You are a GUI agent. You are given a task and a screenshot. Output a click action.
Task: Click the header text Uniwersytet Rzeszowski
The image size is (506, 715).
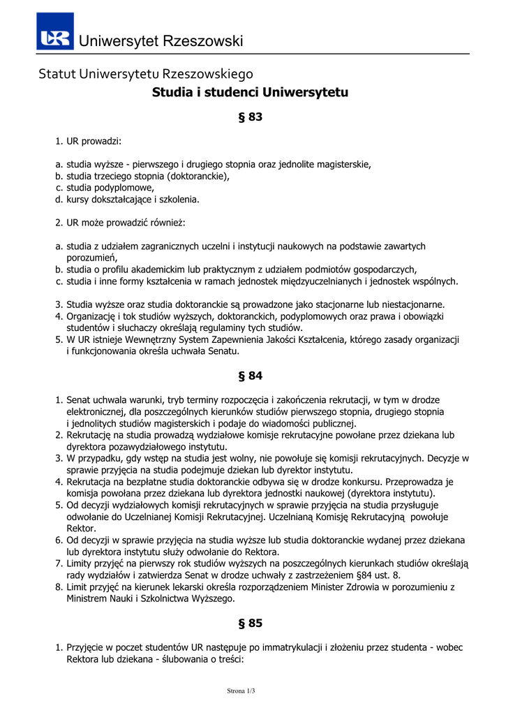(161, 41)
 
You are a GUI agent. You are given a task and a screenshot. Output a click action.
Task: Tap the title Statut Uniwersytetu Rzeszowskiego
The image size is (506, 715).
(146, 73)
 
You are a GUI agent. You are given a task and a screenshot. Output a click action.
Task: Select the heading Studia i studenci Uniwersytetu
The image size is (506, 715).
(250, 92)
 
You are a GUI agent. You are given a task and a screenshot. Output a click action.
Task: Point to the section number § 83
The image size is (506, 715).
(250, 117)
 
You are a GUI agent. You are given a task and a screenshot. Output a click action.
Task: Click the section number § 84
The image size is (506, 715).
(250, 376)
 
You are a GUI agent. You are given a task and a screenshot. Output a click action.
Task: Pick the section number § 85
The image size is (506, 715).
(250, 623)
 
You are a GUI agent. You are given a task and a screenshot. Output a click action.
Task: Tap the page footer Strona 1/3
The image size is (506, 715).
(241, 691)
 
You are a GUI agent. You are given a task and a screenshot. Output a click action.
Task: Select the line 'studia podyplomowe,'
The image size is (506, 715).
(110, 188)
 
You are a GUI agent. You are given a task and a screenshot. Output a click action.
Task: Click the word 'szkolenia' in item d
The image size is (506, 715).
(177, 199)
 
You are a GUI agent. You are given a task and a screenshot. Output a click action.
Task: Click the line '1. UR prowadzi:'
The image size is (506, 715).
(89, 141)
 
